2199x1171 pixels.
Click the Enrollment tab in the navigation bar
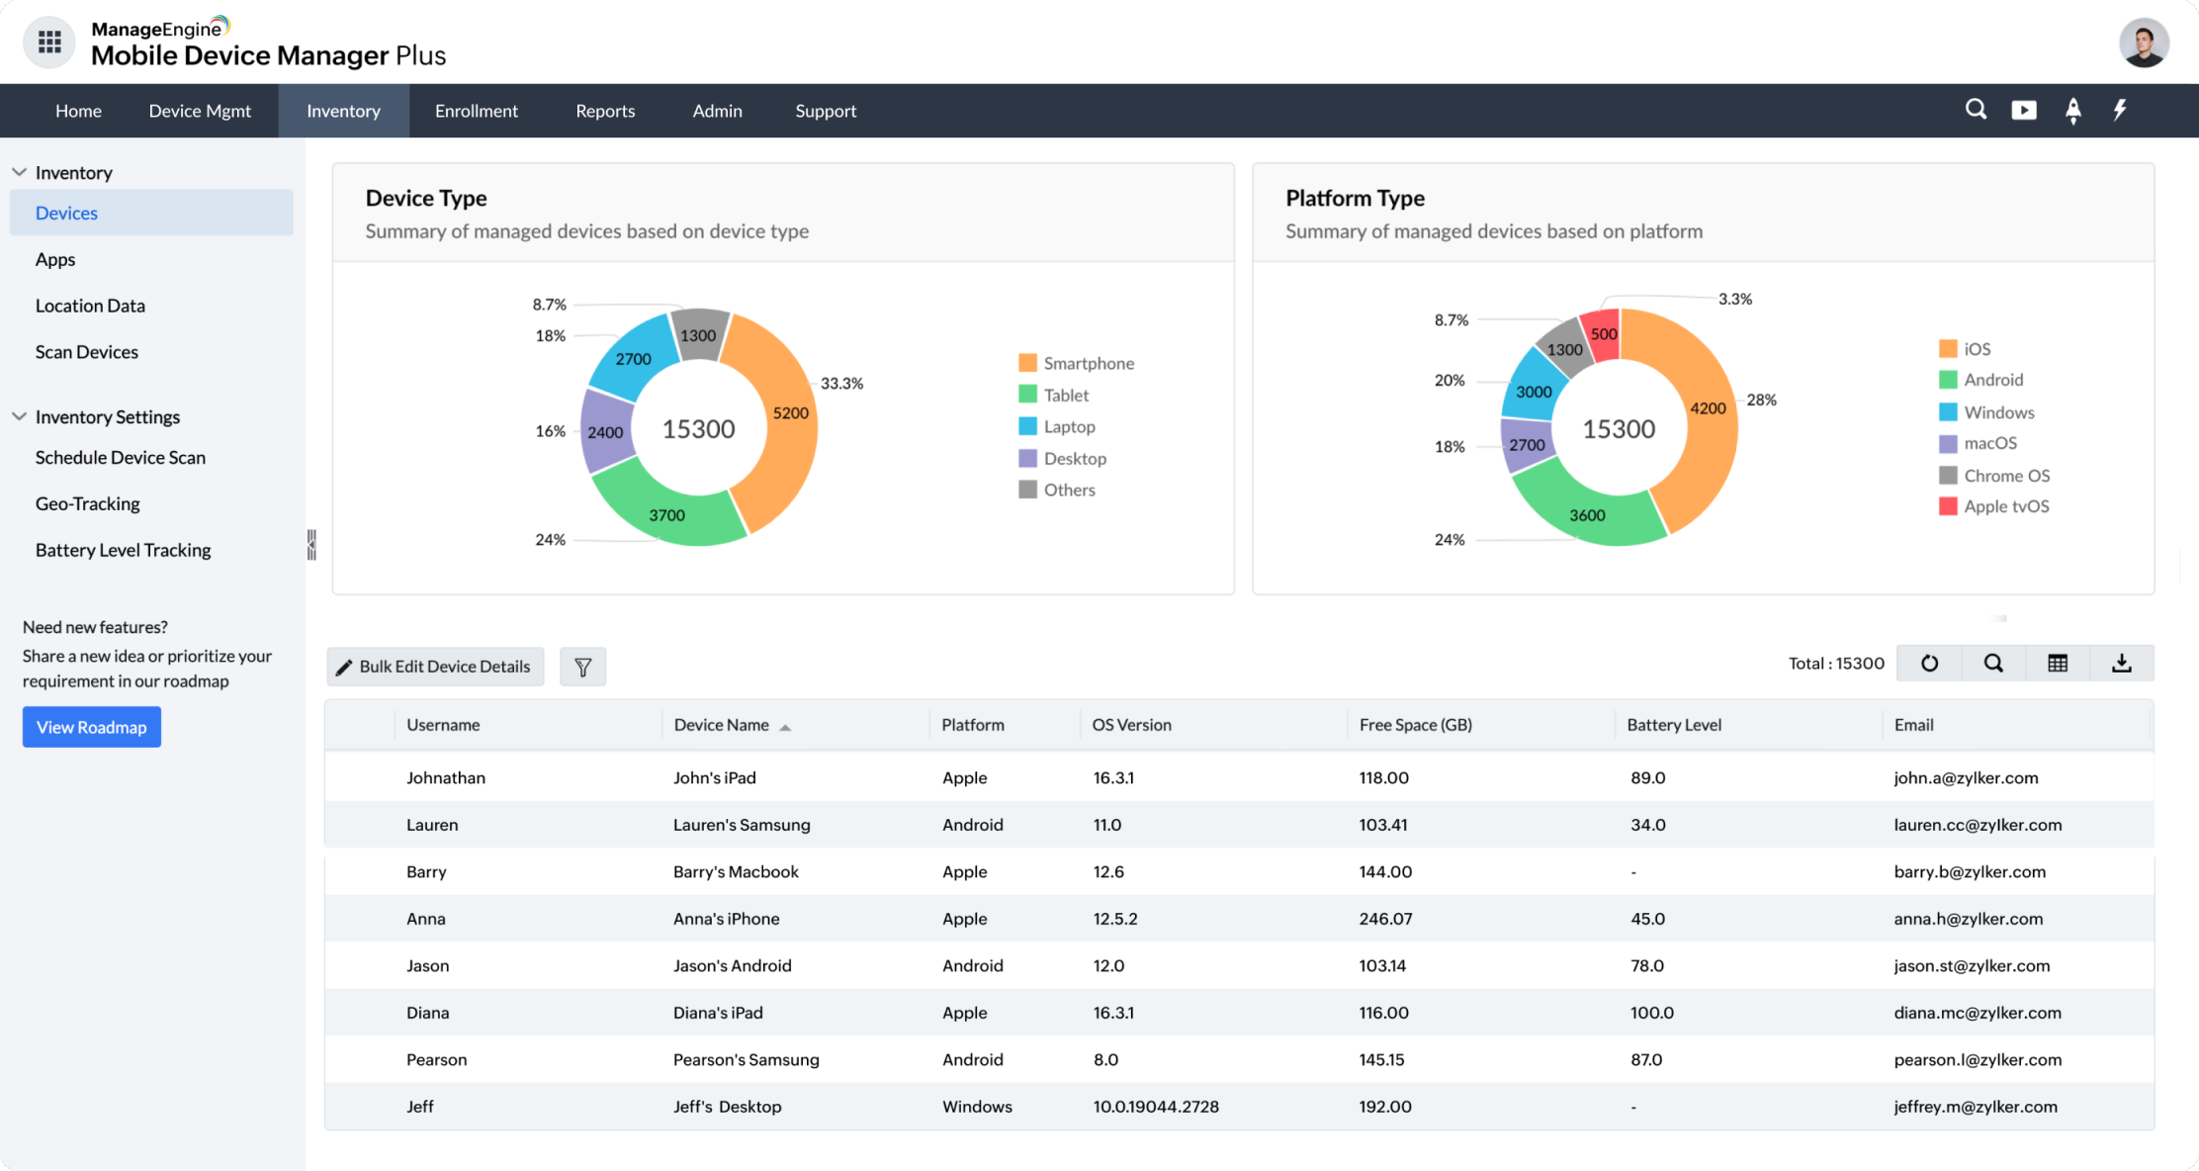[x=476, y=111]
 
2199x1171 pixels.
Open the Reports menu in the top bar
[x=605, y=111]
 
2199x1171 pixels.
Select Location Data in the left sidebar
[x=90, y=306]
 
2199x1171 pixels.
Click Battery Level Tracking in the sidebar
[x=123, y=550]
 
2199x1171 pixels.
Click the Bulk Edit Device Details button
[x=435, y=667]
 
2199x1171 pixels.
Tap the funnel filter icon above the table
[x=582, y=667]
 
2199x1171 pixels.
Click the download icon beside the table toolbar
[x=2121, y=664]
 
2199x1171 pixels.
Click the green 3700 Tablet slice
[x=666, y=515]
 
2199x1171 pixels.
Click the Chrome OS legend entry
[x=2005, y=476]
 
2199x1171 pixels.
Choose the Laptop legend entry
[x=1068, y=426]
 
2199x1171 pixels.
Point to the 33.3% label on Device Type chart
[x=841, y=384]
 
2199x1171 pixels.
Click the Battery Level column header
[x=1673, y=725]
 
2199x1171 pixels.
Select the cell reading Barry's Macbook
[x=735, y=871]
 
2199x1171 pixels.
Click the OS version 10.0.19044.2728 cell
[x=1155, y=1107]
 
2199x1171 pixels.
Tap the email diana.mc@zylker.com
[x=1977, y=1013]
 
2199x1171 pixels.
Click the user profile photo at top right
[x=2143, y=44]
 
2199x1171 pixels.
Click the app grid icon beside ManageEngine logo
[x=49, y=43]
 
